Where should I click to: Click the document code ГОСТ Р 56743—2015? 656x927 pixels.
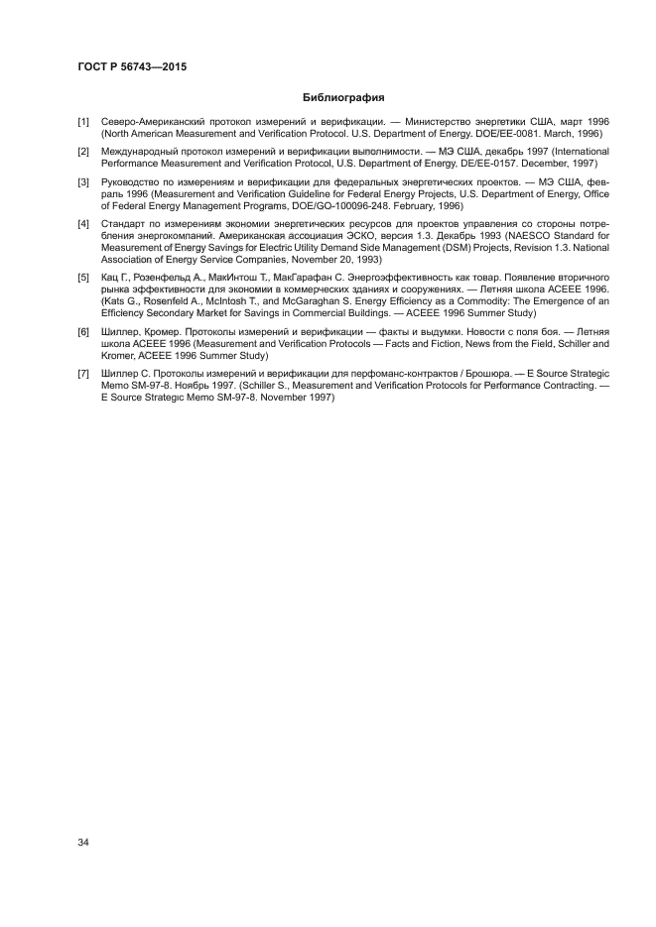[x=132, y=66]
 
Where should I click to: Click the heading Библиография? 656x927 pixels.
[x=342, y=97]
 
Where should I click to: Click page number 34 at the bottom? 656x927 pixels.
[x=83, y=843]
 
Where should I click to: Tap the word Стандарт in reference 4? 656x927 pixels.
[x=126, y=226]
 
